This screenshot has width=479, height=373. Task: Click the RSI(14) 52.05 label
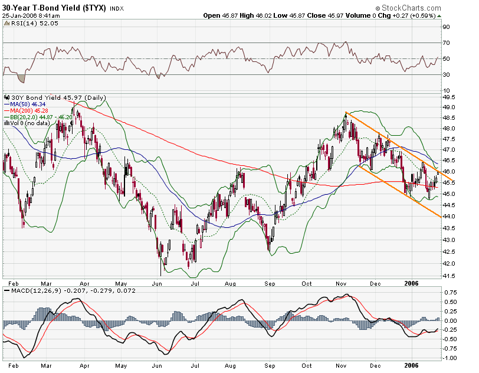[x=26, y=23]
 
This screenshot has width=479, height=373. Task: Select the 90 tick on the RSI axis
[x=446, y=27]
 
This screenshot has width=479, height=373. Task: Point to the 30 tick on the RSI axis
[x=446, y=75]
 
